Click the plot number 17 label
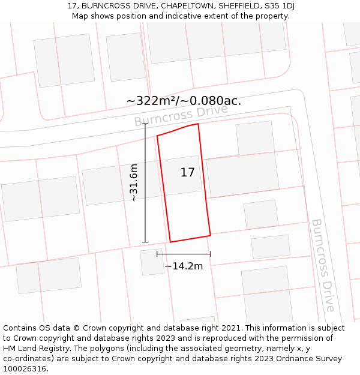click(187, 173)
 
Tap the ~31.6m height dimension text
click(134, 182)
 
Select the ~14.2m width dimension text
click(184, 266)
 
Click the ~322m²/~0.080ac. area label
click(184, 101)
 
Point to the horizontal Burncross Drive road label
click(181, 115)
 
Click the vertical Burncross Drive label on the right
click(323, 265)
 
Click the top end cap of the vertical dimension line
click(145, 124)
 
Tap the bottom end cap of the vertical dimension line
click(145, 242)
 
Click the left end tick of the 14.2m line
click(157, 254)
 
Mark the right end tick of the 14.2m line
click(211, 254)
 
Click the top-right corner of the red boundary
click(198, 124)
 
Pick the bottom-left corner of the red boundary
click(170, 242)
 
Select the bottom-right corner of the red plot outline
click(211, 235)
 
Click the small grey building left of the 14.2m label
click(152, 262)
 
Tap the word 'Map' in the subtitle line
click(81, 16)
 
